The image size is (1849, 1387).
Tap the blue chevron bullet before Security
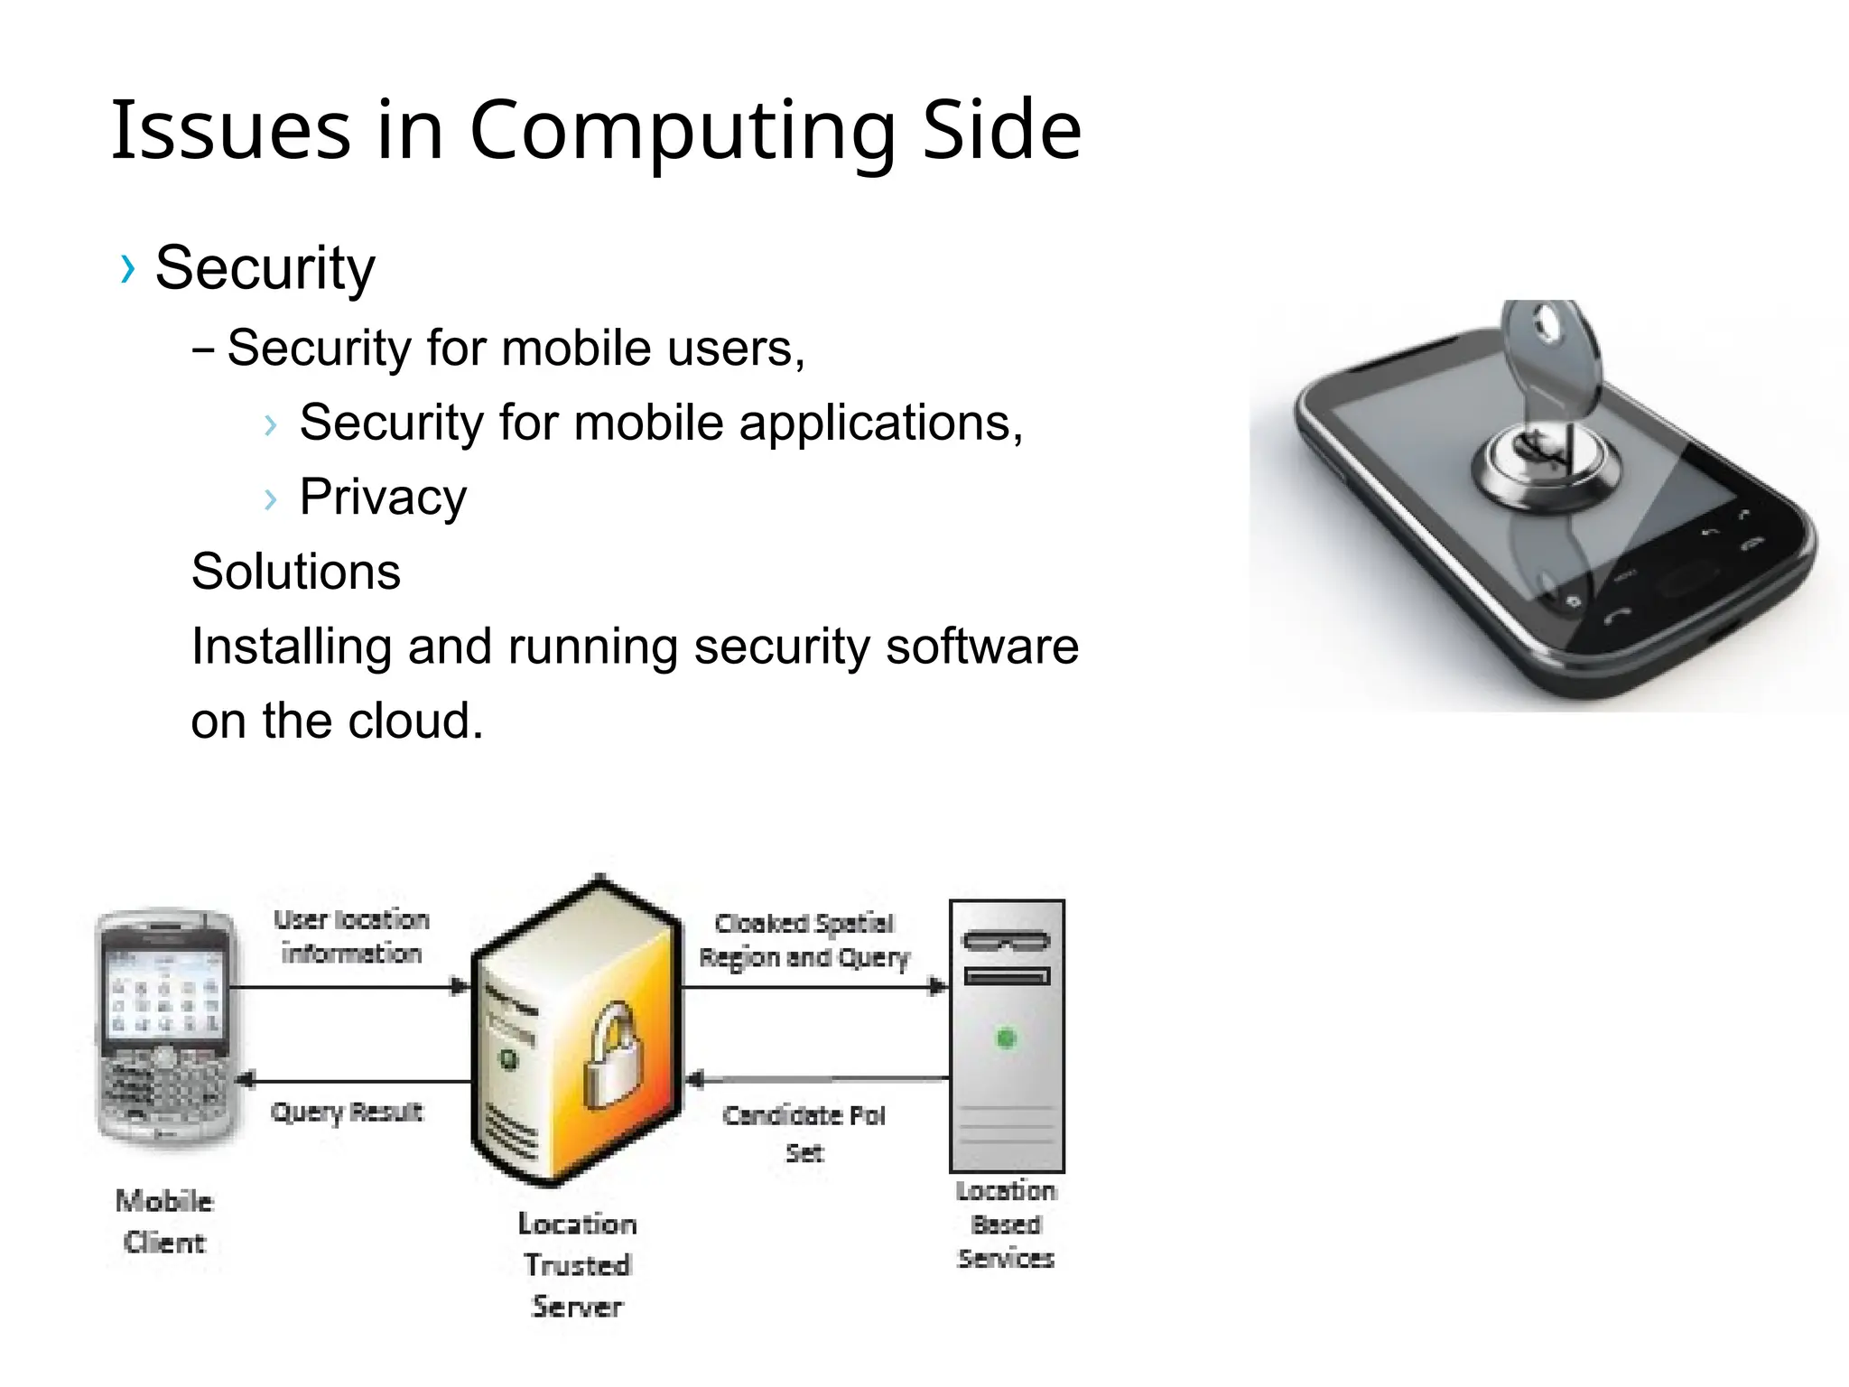127,268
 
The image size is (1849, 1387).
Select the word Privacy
383,497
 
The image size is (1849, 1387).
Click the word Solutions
296,572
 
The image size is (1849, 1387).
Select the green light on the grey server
1006,1038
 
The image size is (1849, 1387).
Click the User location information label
351,936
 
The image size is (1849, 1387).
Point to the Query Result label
347,1112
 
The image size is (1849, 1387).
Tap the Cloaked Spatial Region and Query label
804,940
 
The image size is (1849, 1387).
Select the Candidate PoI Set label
804,1133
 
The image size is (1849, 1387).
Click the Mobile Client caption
164,1222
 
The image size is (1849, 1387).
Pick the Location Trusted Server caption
578,1265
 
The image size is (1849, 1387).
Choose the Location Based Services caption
1006,1224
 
